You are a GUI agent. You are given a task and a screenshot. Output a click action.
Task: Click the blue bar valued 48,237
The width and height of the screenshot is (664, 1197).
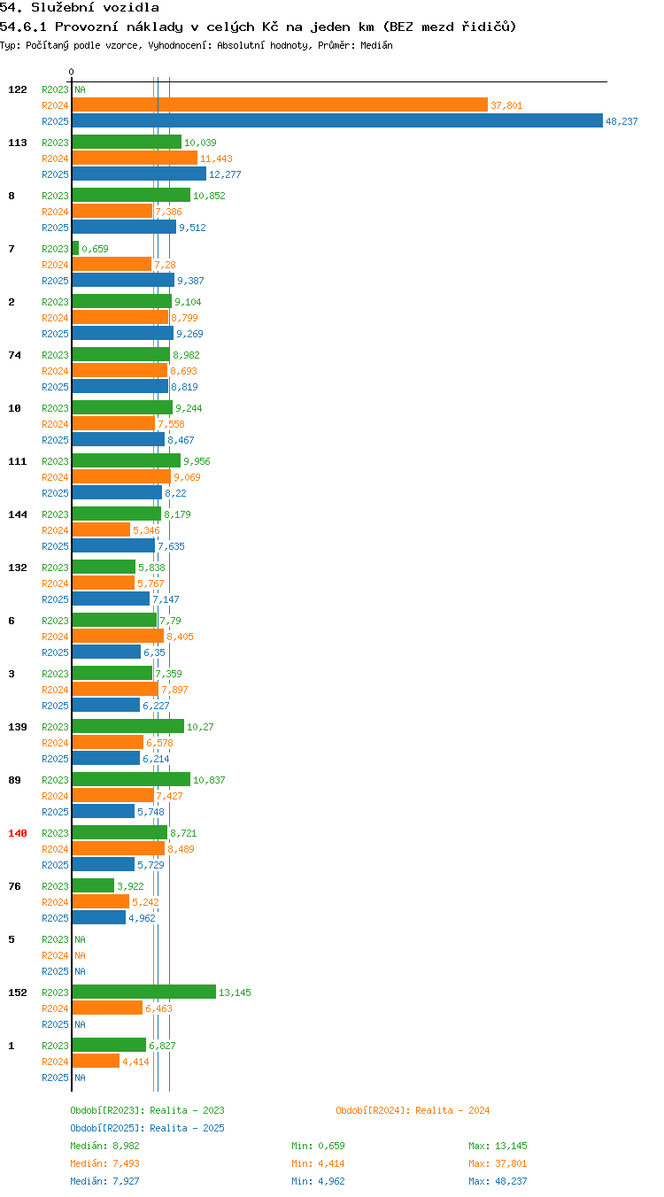pos(337,120)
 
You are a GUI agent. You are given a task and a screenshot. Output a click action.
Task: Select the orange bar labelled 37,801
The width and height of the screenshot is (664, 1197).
pos(280,104)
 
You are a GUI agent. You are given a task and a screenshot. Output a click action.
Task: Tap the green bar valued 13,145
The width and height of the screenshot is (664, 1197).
pos(143,992)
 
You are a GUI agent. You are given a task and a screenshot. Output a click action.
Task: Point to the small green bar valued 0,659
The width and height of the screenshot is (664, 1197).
pos(75,248)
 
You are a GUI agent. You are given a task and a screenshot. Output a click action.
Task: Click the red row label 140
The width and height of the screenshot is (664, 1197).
pos(17,833)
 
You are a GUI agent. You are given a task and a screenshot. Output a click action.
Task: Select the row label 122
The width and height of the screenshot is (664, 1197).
pos(17,89)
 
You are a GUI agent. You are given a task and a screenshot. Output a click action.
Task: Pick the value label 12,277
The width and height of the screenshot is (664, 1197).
pos(225,174)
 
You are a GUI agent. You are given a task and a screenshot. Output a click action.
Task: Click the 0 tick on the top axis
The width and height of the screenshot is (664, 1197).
pos(71,72)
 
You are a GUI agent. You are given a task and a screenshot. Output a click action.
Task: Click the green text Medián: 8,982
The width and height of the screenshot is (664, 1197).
pos(104,1145)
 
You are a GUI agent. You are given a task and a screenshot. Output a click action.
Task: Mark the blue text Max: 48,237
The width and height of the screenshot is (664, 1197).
pos(498,1180)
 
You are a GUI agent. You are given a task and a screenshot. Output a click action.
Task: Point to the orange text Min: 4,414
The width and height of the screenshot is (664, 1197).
pos(319,1162)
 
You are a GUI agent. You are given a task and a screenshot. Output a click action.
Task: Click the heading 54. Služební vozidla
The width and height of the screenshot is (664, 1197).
pos(80,7)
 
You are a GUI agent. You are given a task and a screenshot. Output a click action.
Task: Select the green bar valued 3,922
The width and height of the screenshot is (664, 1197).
pos(93,885)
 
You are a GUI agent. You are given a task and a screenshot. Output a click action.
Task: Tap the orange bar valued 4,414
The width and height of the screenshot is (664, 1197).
pos(96,1061)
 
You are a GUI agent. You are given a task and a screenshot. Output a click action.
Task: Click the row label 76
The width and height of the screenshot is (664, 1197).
pos(14,886)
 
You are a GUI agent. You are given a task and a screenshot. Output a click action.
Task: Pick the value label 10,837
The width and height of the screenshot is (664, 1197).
pos(209,780)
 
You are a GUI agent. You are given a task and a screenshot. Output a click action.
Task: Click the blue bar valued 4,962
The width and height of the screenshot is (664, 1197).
pos(99,917)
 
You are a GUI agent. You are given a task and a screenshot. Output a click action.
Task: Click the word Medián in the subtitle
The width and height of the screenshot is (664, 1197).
pos(376,45)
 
